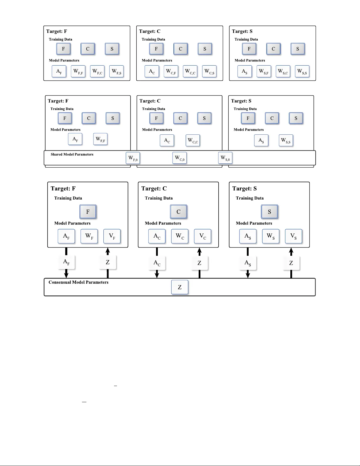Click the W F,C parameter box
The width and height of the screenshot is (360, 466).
(x=97, y=71)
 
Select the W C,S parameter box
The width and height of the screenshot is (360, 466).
(x=209, y=71)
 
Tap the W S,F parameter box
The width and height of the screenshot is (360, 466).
(x=264, y=71)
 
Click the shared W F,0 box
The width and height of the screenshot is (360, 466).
(x=133, y=158)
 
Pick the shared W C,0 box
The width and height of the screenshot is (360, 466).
(x=180, y=158)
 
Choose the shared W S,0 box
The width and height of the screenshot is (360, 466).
(x=225, y=158)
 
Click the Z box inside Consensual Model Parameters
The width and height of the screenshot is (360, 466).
(x=180, y=287)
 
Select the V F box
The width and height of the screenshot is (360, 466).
(x=112, y=236)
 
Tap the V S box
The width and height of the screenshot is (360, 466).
(x=293, y=236)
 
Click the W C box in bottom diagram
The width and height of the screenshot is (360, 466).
(x=180, y=236)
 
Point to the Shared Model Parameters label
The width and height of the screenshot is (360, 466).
(x=72, y=154)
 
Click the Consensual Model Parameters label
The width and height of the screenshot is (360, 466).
(x=78, y=282)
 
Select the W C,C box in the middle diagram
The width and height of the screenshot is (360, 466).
(x=193, y=141)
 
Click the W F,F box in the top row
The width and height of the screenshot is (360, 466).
(x=78, y=71)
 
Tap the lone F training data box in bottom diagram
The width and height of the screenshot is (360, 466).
(x=88, y=212)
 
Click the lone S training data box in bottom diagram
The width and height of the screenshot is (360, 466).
(x=269, y=212)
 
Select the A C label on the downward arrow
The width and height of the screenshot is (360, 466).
(x=157, y=263)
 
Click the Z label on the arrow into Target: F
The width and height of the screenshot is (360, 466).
(x=108, y=262)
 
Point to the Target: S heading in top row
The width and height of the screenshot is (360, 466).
(x=242, y=31)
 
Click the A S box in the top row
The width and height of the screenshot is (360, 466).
(x=245, y=71)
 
